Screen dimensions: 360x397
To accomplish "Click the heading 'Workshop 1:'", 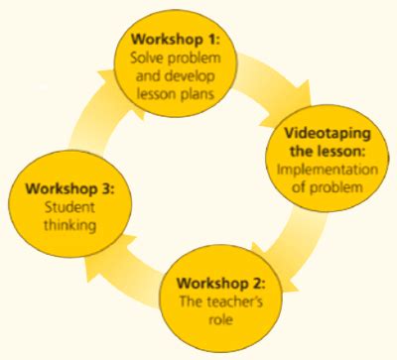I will [x=176, y=42].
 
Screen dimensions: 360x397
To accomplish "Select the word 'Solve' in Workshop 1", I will [x=150, y=60].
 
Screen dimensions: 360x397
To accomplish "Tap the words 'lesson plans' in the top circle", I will [x=178, y=94].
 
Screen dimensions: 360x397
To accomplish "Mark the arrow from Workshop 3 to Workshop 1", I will [x=94, y=114].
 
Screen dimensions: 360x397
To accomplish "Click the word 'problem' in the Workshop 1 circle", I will [x=197, y=60].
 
